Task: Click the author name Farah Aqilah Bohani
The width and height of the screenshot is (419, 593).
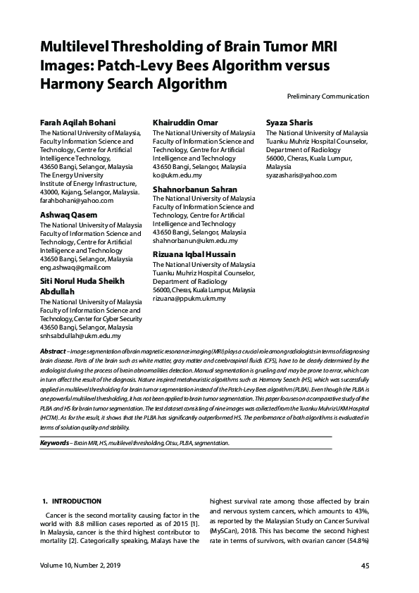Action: [77, 123]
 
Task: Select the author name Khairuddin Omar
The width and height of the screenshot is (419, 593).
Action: [185, 123]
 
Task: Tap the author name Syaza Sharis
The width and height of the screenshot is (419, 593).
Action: [290, 123]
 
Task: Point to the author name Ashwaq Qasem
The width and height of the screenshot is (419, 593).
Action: [69, 215]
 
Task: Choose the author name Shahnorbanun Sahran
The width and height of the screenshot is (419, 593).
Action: [195, 189]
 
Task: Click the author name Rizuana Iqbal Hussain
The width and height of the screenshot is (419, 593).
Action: [194, 254]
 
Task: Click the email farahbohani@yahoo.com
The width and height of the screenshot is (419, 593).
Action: [76, 201]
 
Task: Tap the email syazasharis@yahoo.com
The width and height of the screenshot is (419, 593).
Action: [301, 175]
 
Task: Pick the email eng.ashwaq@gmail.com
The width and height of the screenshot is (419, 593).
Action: [75, 268]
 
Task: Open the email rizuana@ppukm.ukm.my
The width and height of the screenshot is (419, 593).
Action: [189, 299]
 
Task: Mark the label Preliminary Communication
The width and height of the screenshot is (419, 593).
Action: [327, 96]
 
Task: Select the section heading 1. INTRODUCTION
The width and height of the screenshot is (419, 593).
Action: [73, 501]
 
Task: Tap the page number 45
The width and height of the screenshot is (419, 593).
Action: [365, 566]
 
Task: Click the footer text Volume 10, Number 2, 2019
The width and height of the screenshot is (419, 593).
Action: [80, 566]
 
